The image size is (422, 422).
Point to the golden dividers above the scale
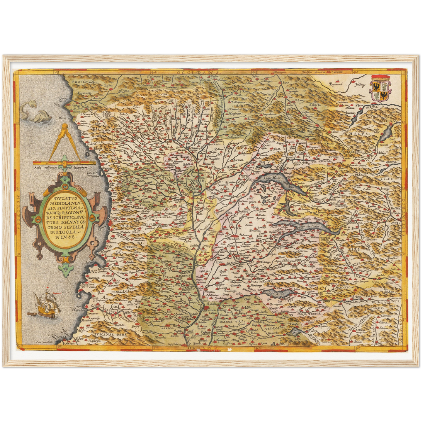(x=65, y=143)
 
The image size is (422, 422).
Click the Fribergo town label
(x=360, y=85)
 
